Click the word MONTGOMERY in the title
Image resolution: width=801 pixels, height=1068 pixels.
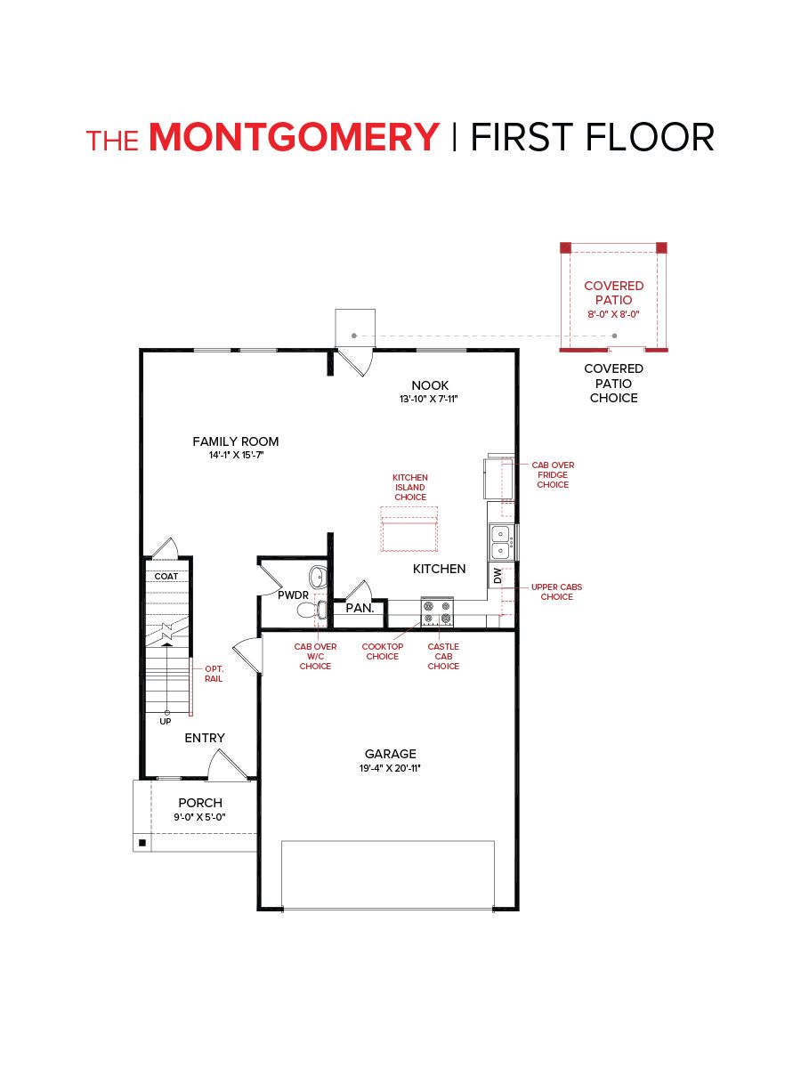coord(295,138)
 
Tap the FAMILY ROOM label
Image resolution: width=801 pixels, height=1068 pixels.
coord(236,441)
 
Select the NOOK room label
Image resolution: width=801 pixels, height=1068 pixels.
coord(430,385)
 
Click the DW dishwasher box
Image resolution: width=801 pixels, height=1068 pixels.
coord(498,576)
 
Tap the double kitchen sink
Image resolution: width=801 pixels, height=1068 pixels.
coord(499,538)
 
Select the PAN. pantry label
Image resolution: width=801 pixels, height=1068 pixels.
coord(360,609)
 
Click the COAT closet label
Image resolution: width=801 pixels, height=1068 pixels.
coord(166,576)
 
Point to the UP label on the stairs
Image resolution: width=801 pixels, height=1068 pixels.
coord(166,721)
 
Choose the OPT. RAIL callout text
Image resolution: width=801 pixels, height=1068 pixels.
coord(214,674)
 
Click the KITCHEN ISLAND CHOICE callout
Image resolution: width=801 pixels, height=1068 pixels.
coord(410,487)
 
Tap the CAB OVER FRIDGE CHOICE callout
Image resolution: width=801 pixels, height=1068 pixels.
coord(553,474)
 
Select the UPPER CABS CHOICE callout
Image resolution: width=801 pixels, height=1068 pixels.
coord(556,592)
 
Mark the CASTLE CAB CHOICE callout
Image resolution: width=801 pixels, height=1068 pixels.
coord(443,656)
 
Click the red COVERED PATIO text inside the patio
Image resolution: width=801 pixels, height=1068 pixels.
coord(613,293)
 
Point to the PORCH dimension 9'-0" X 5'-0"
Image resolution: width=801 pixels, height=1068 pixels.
coord(199,817)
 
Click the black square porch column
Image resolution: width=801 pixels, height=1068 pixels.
coord(142,841)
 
